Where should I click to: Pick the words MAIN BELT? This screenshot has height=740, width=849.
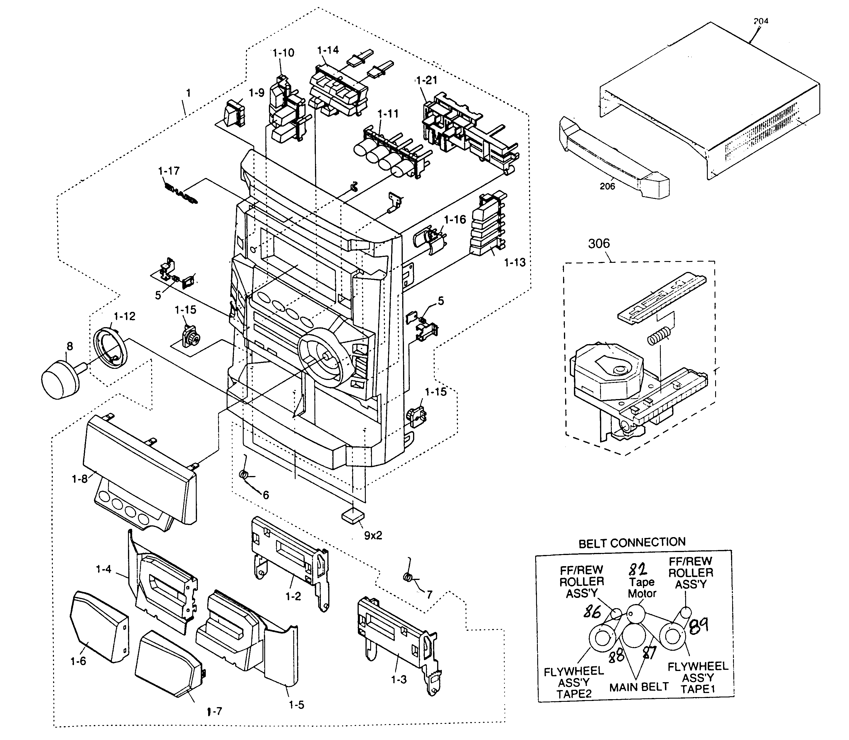[639, 687]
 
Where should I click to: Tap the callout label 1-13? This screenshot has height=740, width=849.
[515, 262]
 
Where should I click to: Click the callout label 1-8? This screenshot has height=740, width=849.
[80, 479]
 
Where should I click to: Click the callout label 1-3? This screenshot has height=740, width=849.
[399, 679]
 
